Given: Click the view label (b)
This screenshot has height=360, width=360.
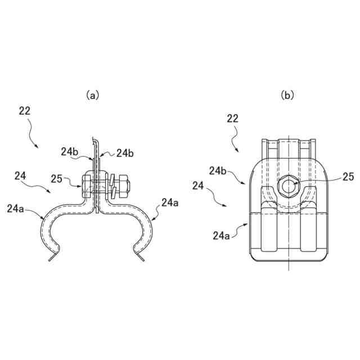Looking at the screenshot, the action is pos(287,96).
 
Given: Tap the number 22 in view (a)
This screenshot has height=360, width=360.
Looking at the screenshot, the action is pos(24,111).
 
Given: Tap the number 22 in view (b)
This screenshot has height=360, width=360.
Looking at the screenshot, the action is pos(232,118).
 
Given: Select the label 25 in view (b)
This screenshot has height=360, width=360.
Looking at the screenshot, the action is pos(348,177).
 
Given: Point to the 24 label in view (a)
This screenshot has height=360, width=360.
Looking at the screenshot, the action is pos(20,177).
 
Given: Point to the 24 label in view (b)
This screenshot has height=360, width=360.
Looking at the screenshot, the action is pos(198,184).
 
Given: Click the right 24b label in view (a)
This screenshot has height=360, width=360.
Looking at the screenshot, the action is pos(125,152).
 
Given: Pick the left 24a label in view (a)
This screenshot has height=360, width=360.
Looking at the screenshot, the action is pos(16,209).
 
